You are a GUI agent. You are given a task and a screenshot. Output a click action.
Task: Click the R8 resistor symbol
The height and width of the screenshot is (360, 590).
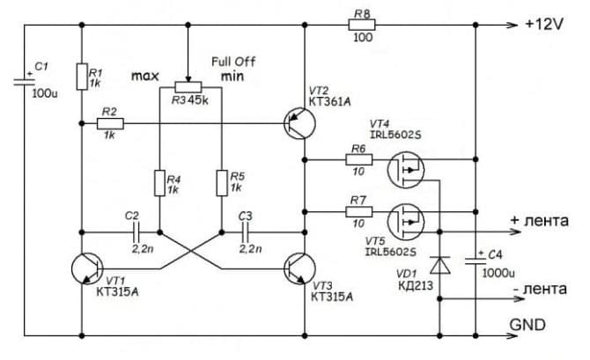(362, 26)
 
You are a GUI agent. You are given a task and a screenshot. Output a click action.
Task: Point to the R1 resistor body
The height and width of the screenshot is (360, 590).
(81, 77)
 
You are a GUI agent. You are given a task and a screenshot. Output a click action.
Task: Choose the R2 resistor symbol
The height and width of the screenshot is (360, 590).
(110, 124)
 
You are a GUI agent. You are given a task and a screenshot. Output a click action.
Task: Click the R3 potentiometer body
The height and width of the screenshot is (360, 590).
(188, 86)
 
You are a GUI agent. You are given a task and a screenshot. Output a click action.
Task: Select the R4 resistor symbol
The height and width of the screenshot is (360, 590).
(159, 183)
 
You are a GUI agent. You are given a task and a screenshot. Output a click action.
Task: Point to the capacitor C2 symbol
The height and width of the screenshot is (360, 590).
(133, 233)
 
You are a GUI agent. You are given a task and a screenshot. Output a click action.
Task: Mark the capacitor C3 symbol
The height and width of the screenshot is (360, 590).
(246, 233)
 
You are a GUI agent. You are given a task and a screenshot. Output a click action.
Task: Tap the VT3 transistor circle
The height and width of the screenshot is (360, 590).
(295, 268)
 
